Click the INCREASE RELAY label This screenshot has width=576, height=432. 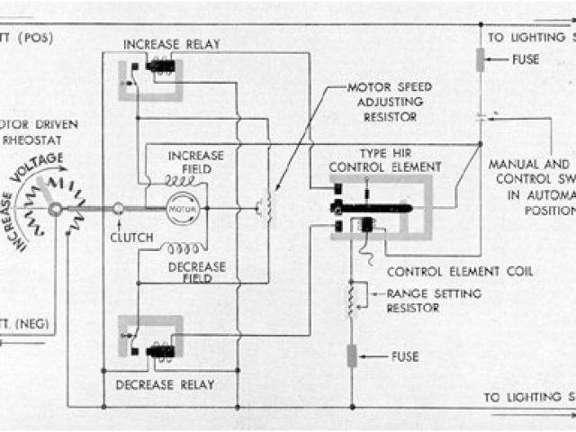coord(171,44)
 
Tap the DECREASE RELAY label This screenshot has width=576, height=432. coord(166,385)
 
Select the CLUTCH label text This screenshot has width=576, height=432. coord(131,238)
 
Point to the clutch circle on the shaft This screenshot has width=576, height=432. coord(119,208)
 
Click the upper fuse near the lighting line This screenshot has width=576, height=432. coord(481,61)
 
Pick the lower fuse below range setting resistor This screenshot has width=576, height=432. coord(353,355)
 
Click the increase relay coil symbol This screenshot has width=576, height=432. coord(161,66)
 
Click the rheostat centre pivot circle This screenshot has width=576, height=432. coord(56,209)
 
